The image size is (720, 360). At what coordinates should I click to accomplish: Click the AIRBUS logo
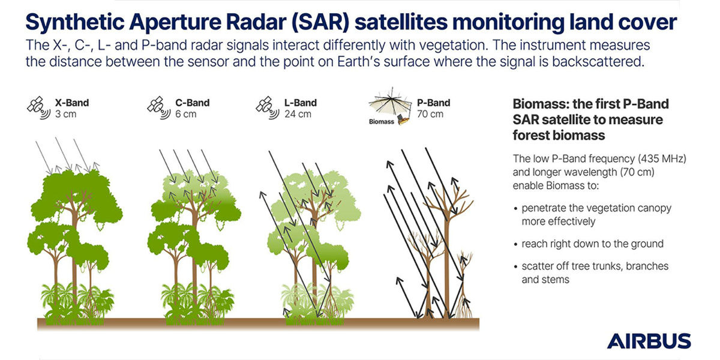click(x=649, y=341)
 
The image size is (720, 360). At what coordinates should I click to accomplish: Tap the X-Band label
click(x=71, y=103)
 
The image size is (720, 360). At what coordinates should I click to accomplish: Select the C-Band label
click(x=192, y=103)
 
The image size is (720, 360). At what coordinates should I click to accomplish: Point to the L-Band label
click(x=301, y=103)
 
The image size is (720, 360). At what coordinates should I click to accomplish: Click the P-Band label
click(x=434, y=103)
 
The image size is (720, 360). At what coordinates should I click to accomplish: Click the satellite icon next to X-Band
click(x=39, y=107)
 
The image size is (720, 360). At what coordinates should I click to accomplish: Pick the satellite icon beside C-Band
click(x=159, y=107)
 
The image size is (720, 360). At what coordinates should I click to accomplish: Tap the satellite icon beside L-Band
click(x=268, y=107)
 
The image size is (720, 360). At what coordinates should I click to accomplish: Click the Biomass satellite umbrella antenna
click(x=390, y=103)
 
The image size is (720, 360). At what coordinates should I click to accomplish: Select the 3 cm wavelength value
click(x=65, y=114)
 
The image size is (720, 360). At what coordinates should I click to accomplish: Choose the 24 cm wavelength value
click(x=298, y=114)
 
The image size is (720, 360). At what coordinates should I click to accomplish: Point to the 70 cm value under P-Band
click(x=430, y=114)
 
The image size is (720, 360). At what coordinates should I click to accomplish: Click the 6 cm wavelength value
click(x=186, y=114)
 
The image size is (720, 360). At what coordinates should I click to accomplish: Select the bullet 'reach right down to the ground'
click(x=592, y=244)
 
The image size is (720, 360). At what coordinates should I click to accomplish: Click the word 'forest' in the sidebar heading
click(x=530, y=136)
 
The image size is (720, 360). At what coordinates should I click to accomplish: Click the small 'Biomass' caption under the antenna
click(x=382, y=122)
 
